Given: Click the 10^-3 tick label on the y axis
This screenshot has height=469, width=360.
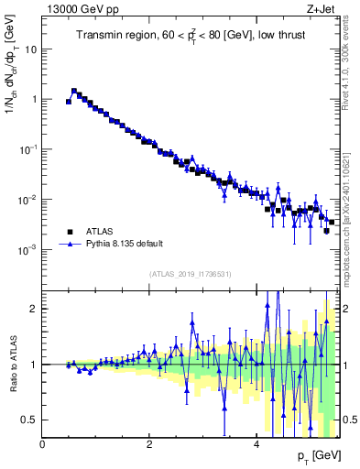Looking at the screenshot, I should pos(27,250).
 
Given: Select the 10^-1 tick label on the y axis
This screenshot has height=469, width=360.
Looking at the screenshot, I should pos(27,149).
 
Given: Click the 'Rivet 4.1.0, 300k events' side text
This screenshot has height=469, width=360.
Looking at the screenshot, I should pos(351,64).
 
